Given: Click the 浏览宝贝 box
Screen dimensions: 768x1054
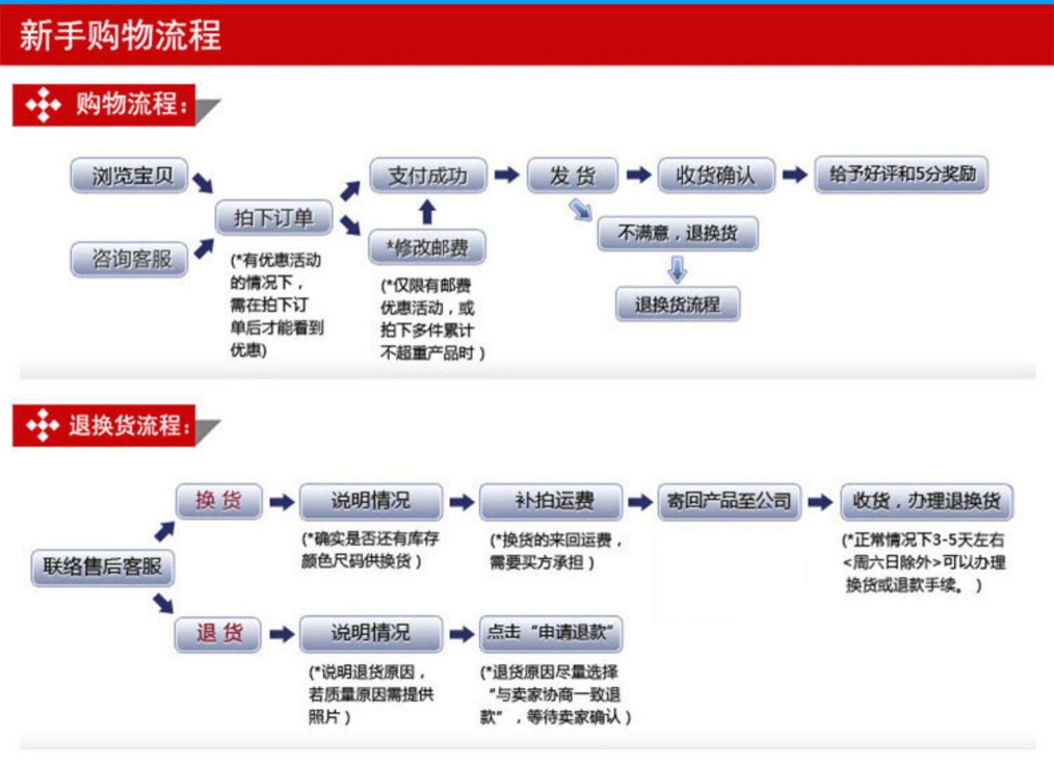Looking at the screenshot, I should point(130,175).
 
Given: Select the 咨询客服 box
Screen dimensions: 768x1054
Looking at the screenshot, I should point(130,259).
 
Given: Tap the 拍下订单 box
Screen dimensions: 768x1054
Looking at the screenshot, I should point(273,218).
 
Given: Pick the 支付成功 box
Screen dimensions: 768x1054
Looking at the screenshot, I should point(428,175).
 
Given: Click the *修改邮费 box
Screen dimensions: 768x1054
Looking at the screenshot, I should point(427,247).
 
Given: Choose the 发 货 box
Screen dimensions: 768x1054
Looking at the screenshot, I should point(573,175).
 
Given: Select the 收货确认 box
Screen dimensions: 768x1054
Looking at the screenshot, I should point(716,175).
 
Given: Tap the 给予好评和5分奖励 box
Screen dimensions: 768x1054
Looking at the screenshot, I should point(902,174).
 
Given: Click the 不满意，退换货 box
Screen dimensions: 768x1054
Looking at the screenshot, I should point(677,233).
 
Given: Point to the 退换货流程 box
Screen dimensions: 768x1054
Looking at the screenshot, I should point(677,304).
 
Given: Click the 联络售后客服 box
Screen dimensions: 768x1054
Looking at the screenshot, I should point(103,566).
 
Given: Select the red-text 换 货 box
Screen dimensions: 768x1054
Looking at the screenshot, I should point(219,501).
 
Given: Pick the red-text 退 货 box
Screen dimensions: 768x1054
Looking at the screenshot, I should point(219,633).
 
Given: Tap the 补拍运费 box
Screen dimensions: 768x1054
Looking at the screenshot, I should point(552,501).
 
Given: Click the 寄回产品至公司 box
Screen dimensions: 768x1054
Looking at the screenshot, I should point(729,501).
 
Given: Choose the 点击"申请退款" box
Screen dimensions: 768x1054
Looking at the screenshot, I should point(552,633).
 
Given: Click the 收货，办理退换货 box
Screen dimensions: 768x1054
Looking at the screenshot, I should point(927,501).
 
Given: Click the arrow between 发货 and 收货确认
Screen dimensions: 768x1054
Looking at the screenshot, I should point(639,175).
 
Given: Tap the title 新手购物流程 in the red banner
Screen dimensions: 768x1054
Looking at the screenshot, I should point(120,35).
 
